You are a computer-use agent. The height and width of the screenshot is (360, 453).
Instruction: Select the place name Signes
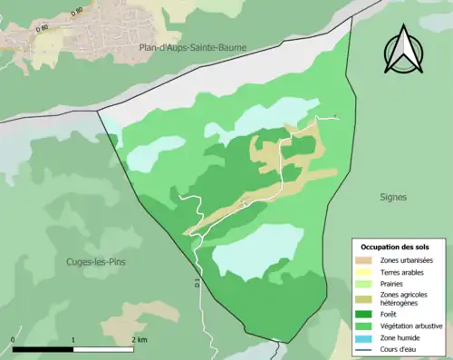tap(396, 196)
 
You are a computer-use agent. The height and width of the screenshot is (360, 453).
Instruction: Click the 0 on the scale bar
tap(14, 338)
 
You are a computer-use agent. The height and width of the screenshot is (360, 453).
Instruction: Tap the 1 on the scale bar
tap(73, 338)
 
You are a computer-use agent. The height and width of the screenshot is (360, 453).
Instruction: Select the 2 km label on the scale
tap(138, 338)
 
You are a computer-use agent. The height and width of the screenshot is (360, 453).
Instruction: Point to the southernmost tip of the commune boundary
tap(286, 343)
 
